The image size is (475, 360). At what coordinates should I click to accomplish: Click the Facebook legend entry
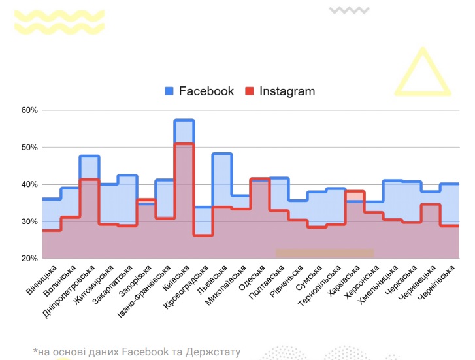pos(199,91)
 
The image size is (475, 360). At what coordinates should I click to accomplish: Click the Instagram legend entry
pos(280,91)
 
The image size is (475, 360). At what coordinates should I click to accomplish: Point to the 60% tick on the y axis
pos(29,110)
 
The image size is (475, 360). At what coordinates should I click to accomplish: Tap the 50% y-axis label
pos(29,148)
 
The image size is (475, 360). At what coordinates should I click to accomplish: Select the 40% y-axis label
pos(29,185)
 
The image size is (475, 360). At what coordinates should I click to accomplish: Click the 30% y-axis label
pos(29,222)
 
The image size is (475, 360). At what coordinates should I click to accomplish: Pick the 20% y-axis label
pos(29,259)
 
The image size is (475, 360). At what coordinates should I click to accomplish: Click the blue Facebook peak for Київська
pos(184,120)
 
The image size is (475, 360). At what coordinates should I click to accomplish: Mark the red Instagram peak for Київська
pos(184,144)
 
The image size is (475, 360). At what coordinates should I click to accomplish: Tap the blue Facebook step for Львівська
pos(222,154)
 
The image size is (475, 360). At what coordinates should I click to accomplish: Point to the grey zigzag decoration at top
pos(350,10)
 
